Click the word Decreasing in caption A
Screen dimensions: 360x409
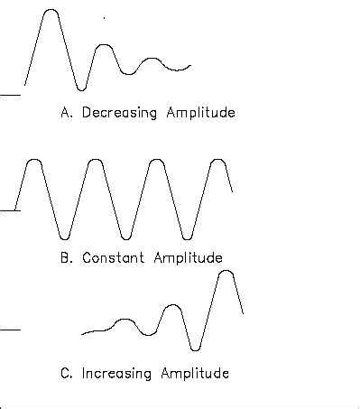[x=118, y=114]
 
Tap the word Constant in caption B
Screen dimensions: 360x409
[x=112, y=257]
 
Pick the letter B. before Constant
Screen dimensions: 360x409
[x=66, y=257]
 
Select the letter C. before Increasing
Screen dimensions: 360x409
[x=66, y=372]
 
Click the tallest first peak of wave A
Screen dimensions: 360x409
[x=51, y=11]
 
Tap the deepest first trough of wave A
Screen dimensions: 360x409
[x=81, y=89]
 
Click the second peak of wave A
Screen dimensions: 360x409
[x=105, y=45]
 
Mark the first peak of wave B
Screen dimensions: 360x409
[x=33, y=160]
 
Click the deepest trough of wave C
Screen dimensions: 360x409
[x=196, y=349]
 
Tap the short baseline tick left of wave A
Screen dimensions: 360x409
[x=9, y=93]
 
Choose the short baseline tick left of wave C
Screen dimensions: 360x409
[x=9, y=330]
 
